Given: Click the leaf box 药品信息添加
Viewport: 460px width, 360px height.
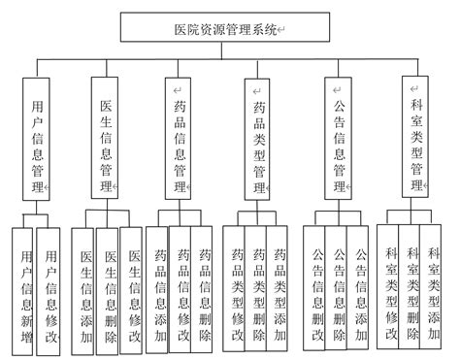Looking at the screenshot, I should pos(161,287).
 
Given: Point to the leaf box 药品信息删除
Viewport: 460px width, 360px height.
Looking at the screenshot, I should pos(204,287).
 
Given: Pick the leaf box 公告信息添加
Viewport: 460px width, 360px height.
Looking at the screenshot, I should pos(360,287).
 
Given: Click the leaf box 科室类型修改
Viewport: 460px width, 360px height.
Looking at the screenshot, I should pos(390,285).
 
